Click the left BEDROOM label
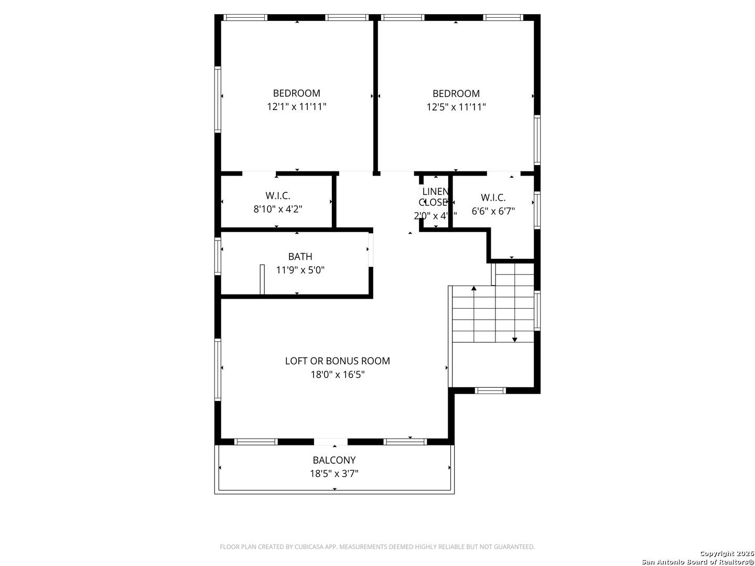[x=296, y=93]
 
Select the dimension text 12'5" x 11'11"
[x=456, y=107]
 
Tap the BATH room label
[x=300, y=256]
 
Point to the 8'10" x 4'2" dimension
[x=277, y=209]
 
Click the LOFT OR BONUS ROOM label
[x=337, y=361]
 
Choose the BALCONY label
[x=334, y=460]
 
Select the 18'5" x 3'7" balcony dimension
[x=334, y=474]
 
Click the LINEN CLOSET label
[x=435, y=197]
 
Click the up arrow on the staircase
[x=474, y=288]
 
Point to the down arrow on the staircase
[x=515, y=340]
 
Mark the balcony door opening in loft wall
[x=330, y=442]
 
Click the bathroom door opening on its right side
[x=371, y=249]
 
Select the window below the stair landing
[x=490, y=390]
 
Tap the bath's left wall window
[x=218, y=256]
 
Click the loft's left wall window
[x=218, y=369]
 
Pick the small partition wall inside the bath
[x=262, y=280]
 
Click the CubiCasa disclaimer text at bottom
[x=377, y=547]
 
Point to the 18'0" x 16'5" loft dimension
[x=337, y=375]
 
